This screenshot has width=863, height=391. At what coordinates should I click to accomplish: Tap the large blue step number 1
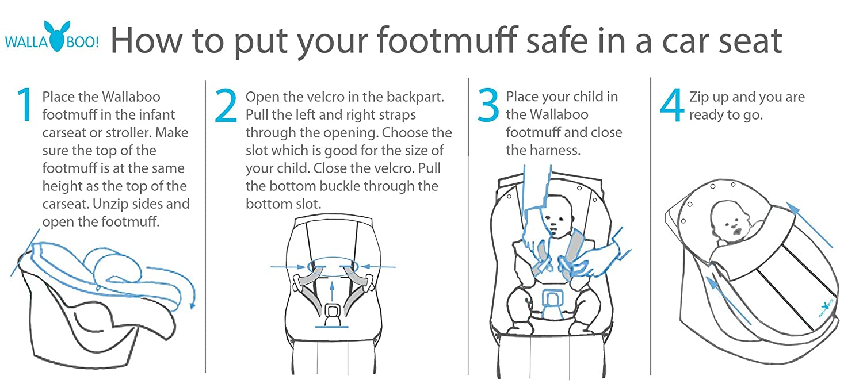[25, 105]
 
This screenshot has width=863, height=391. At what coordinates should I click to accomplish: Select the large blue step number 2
[226, 105]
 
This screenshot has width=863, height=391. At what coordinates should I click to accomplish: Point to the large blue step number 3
[488, 105]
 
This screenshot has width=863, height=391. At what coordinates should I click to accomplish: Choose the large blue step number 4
[672, 105]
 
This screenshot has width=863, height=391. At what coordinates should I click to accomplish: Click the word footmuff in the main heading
[446, 40]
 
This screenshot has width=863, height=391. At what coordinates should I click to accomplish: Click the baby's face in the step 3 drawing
[556, 218]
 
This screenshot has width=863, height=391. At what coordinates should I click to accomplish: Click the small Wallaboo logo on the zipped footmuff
[825, 309]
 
